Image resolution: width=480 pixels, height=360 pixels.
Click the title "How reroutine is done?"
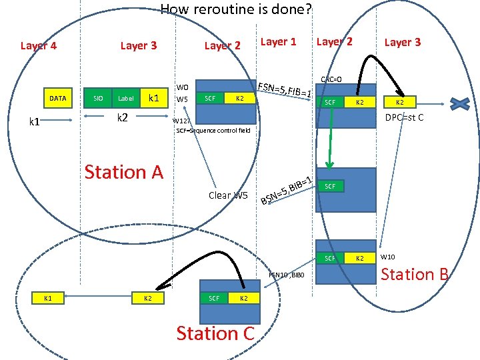tap(236, 9)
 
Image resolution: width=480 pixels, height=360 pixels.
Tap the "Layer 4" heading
tap(39, 45)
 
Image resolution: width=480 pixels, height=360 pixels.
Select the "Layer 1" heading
tap(279, 42)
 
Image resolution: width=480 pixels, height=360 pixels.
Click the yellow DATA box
tap(58, 99)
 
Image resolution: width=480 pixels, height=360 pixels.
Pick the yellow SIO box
tap(98, 99)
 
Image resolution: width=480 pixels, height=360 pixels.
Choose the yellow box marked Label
tap(125, 99)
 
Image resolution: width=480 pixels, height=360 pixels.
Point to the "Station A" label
tap(123, 172)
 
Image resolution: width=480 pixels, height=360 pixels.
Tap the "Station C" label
tap(215, 333)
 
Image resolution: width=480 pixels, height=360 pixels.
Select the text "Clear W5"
tap(228, 195)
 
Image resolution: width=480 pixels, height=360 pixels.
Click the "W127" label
tap(181, 121)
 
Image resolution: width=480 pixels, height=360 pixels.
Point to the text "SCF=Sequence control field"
tap(213, 131)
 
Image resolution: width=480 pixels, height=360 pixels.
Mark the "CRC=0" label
tap(331, 79)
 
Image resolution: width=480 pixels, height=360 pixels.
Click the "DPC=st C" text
tap(405, 118)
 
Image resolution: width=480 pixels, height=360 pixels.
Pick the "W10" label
tap(389, 257)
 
